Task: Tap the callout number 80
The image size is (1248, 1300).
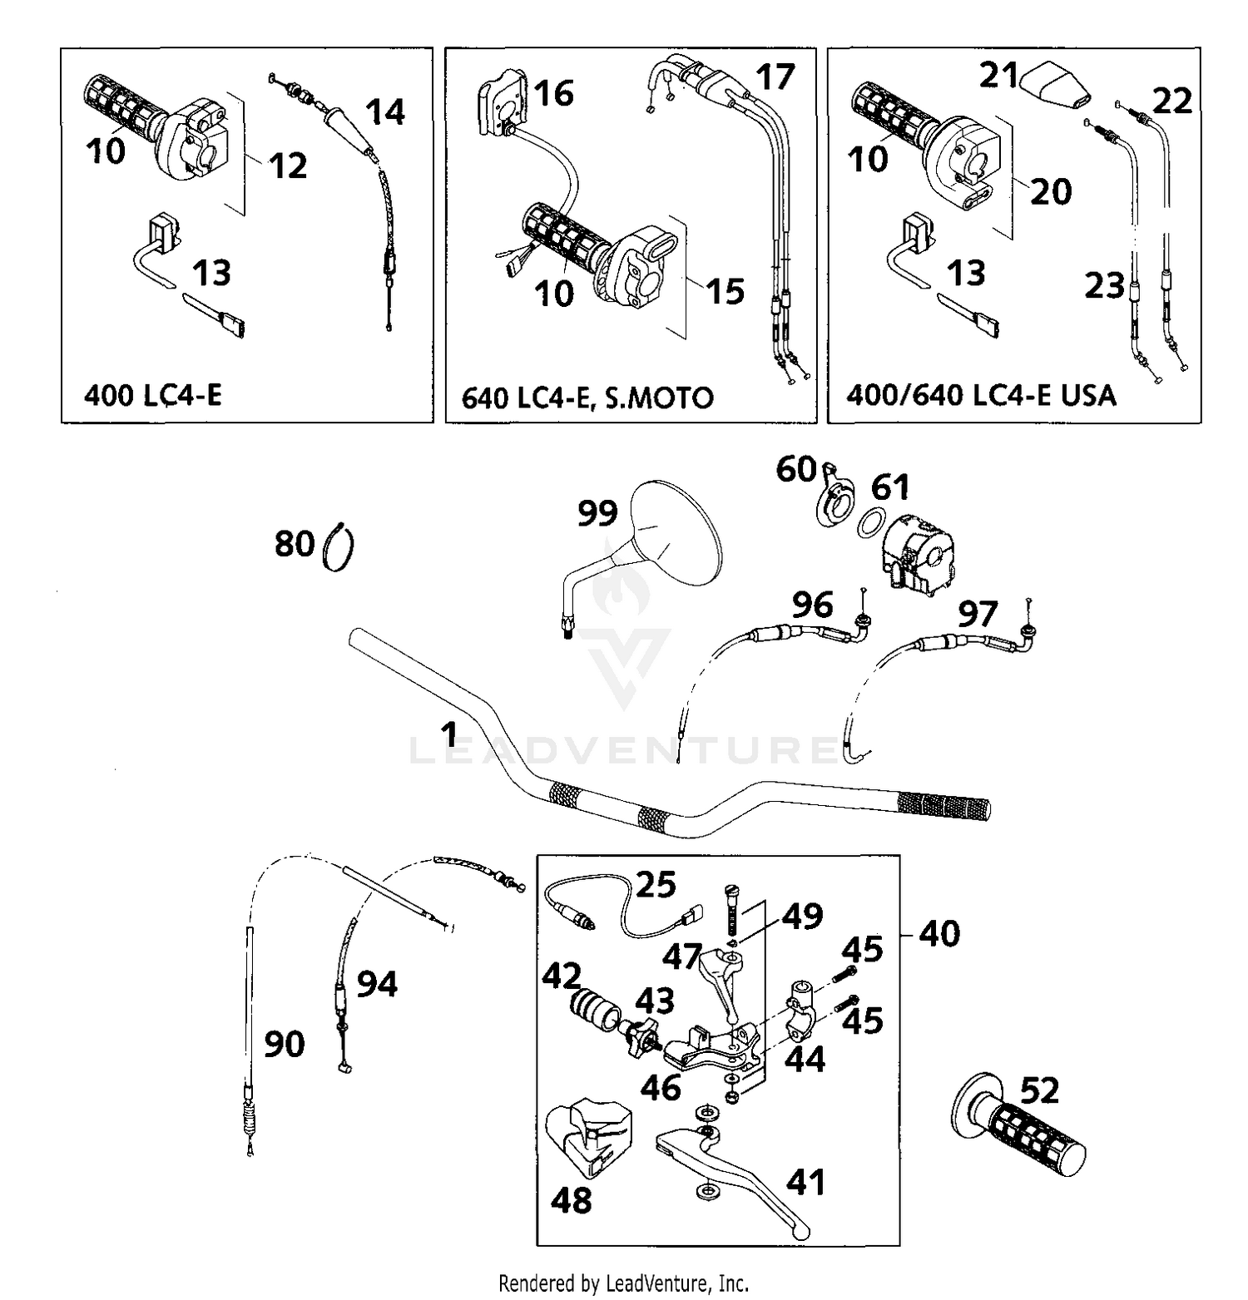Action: tap(295, 544)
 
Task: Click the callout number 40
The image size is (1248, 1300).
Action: tap(939, 933)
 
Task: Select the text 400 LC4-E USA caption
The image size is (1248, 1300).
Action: tap(981, 395)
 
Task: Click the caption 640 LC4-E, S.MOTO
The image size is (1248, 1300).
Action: tap(587, 398)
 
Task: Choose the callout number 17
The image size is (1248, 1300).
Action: tap(775, 77)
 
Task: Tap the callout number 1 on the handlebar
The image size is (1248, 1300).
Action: tap(449, 735)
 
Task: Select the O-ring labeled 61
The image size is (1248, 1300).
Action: tap(870, 524)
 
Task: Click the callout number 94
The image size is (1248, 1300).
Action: tap(377, 984)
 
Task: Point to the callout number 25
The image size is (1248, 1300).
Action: tap(656, 885)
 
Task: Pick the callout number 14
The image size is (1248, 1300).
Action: tap(385, 111)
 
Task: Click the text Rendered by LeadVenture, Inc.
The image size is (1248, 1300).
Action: tap(623, 1283)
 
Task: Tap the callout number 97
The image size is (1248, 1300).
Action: tap(977, 615)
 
